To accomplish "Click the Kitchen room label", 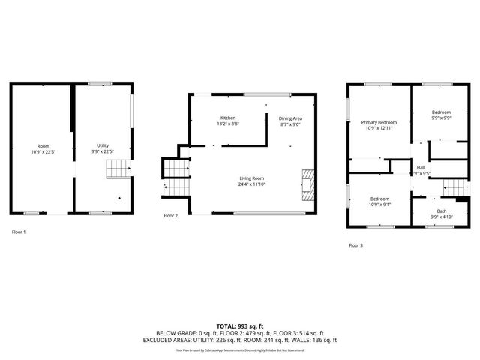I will pyautogui.click(x=228, y=118).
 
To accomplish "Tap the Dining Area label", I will pyautogui.click(x=290, y=118).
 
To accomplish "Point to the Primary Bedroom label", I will pyautogui.click(x=378, y=122).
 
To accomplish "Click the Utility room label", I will pyautogui.click(x=102, y=145).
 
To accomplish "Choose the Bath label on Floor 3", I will pyautogui.click(x=442, y=211).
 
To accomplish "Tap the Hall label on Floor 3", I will pyautogui.click(x=421, y=167).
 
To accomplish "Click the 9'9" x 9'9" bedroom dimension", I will pyautogui.click(x=440, y=118).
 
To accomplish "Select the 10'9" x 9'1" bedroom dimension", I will pyautogui.click(x=378, y=205).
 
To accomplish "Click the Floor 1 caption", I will pyautogui.click(x=19, y=232).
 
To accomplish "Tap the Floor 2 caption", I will pyautogui.click(x=171, y=215).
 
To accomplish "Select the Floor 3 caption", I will pyautogui.click(x=355, y=245).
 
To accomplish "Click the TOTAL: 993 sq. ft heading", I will pyautogui.click(x=240, y=326).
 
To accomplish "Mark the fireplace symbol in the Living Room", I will pyautogui.click(x=306, y=184).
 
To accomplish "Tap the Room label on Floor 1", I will pyautogui.click(x=43, y=145).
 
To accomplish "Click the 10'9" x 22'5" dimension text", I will pyautogui.click(x=43, y=151).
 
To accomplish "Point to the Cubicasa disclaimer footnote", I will pyautogui.click(x=240, y=350).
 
